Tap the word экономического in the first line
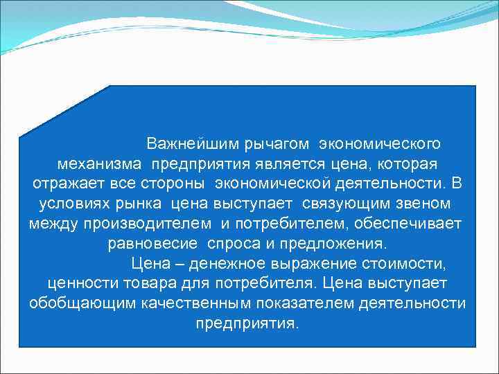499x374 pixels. (x=380, y=144)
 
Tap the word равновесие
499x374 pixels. (x=146, y=244)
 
